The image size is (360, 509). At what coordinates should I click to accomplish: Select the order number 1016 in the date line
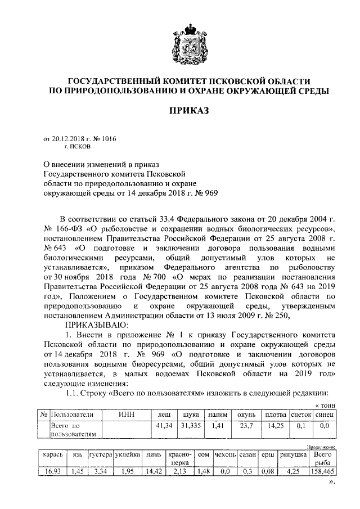click(x=107, y=138)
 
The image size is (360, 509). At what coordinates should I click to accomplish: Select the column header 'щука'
click(x=183, y=415)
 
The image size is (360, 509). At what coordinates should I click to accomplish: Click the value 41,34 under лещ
click(x=164, y=426)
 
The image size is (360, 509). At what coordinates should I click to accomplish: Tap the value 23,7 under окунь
click(x=245, y=426)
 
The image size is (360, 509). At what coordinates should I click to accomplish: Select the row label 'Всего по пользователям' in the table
click(x=74, y=430)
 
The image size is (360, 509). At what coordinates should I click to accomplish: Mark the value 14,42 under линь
click(x=153, y=472)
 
